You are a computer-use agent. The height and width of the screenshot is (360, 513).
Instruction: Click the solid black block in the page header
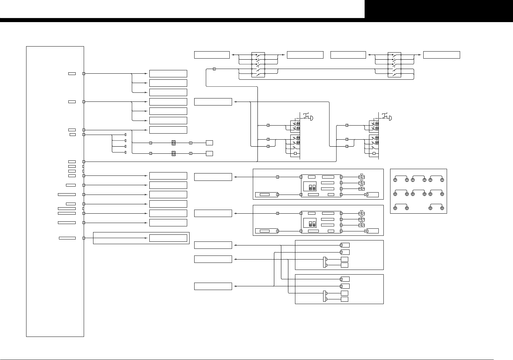[439, 9]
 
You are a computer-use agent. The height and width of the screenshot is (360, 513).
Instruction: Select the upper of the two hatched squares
[173, 143]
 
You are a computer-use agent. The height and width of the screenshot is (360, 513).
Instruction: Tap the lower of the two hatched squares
[173, 153]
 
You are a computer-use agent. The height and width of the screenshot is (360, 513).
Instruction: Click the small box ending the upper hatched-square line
[209, 143]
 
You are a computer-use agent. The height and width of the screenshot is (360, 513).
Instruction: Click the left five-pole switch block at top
[258, 65]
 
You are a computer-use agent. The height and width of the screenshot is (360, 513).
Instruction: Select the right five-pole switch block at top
[394, 65]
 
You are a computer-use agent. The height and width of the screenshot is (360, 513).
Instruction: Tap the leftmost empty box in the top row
[212, 55]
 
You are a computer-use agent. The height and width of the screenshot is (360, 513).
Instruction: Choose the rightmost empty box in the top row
[441, 55]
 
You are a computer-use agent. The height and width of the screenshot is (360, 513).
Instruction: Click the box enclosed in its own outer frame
[168, 238]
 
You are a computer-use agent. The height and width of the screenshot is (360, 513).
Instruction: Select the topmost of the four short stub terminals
[126, 135]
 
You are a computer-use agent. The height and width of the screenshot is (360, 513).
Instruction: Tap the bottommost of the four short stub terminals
[126, 152]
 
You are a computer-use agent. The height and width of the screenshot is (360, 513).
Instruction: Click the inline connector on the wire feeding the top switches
[214, 69]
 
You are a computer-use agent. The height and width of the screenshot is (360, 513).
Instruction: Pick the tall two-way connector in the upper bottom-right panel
[324, 262]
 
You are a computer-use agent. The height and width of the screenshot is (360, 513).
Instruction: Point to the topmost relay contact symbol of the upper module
[361, 177]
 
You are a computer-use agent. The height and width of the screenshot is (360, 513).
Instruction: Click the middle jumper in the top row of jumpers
[419, 178]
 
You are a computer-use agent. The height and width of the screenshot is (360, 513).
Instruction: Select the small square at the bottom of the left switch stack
[295, 153]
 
